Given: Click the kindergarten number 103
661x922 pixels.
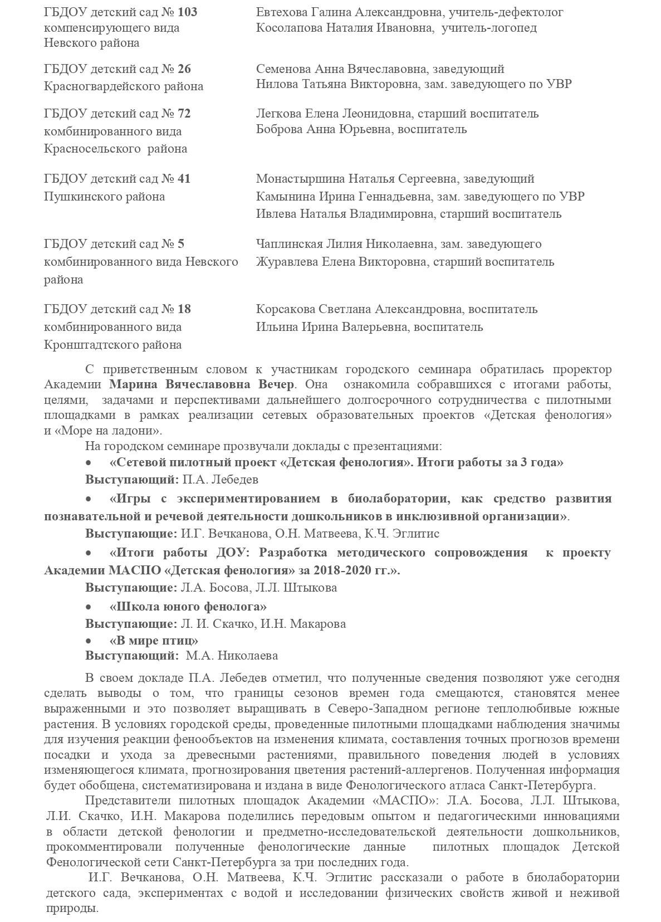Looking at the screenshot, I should pyautogui.click(x=187, y=12).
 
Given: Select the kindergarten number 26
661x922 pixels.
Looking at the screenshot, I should pyautogui.click(x=184, y=69).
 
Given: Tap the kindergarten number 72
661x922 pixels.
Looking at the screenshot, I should pyautogui.click(x=184, y=114).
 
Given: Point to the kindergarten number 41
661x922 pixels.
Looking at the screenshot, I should pyautogui.click(x=184, y=179).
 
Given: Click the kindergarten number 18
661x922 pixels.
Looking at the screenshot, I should pyautogui.click(x=184, y=309).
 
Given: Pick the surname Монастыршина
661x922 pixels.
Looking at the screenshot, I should pyautogui.click(x=300, y=179).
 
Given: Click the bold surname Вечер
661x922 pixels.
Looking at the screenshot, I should pyautogui.click(x=276, y=384).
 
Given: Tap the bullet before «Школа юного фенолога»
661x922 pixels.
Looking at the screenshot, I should pyautogui.click(x=89, y=607).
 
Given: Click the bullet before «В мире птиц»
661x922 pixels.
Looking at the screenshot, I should pyautogui.click(x=89, y=641).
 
